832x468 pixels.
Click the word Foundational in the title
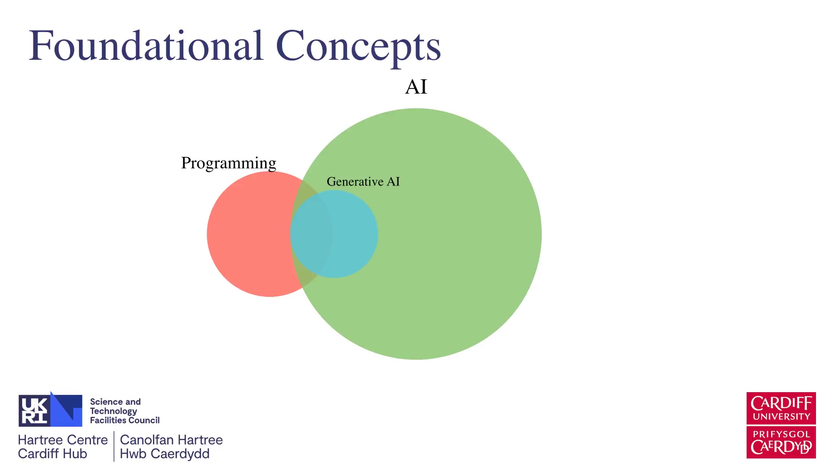[x=146, y=45]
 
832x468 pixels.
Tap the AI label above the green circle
[x=416, y=87]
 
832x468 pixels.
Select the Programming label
[x=228, y=163]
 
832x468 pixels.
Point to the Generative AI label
[x=363, y=182]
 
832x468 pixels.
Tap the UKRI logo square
[x=50, y=410]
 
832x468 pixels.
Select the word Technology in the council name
[x=114, y=411]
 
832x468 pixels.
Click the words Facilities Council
[x=125, y=420]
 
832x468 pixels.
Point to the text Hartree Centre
[x=63, y=440]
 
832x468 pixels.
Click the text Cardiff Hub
[x=52, y=454]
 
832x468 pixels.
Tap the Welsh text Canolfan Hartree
[x=171, y=440]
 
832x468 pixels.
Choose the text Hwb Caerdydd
[x=165, y=454]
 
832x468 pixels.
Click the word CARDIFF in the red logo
[x=781, y=403]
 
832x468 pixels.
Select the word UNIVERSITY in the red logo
[x=781, y=417]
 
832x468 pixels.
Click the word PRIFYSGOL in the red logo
[x=781, y=434]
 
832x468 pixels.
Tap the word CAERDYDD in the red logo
[x=781, y=447]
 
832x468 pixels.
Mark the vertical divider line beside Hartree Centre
[x=114, y=446]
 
